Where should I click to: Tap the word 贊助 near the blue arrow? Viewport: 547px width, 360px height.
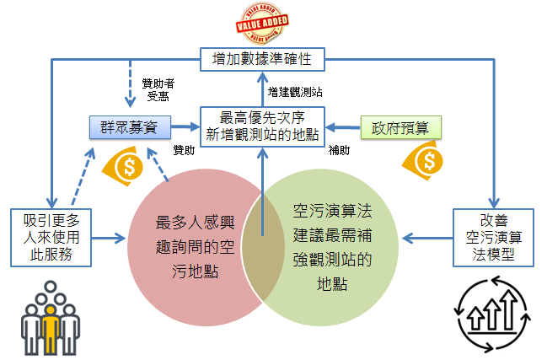(184, 150)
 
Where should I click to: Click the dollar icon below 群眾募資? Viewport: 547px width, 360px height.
(128, 165)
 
